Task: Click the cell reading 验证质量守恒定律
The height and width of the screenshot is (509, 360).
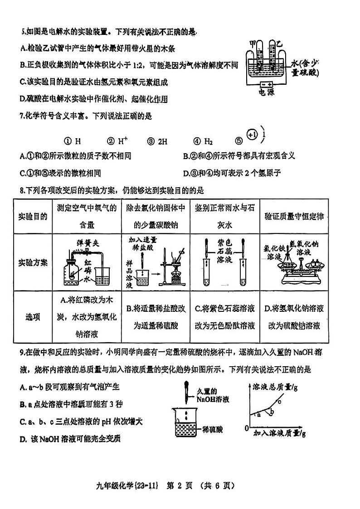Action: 295,216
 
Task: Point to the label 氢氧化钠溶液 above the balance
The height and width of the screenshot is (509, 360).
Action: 309,247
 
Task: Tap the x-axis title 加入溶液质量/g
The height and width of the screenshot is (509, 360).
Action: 279,433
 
